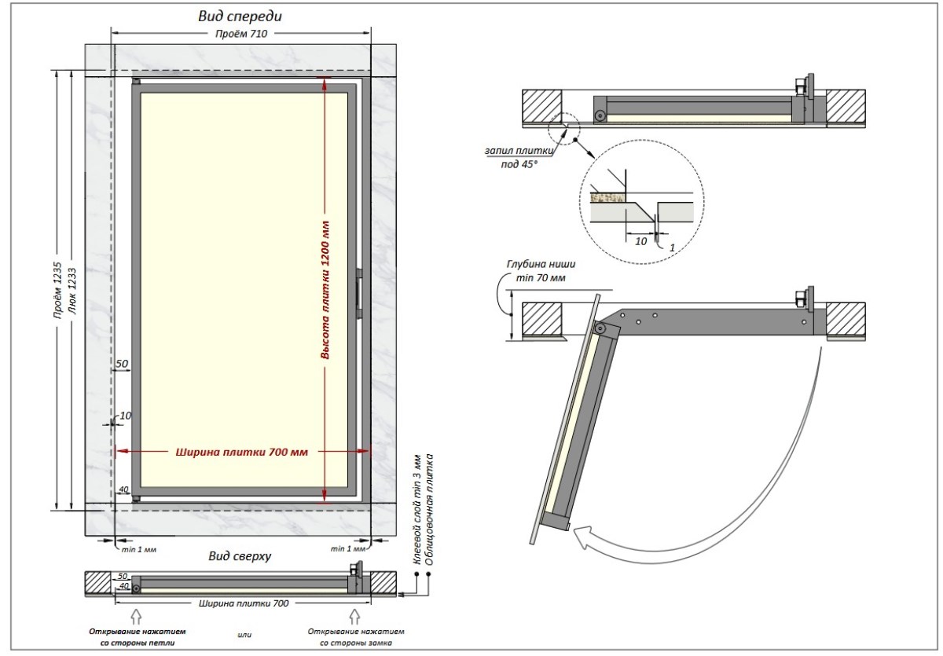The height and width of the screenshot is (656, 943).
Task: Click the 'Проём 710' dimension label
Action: click(x=240, y=34)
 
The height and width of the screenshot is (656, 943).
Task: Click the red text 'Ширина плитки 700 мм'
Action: click(x=241, y=452)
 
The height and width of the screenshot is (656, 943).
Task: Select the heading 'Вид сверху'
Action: click(x=240, y=556)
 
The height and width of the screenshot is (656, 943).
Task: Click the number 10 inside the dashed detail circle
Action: click(x=641, y=242)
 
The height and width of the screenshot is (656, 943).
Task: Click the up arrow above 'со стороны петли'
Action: click(x=135, y=614)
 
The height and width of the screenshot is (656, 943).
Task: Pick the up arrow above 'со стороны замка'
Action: click(x=356, y=614)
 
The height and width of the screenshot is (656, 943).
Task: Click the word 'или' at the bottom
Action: click(x=243, y=634)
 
